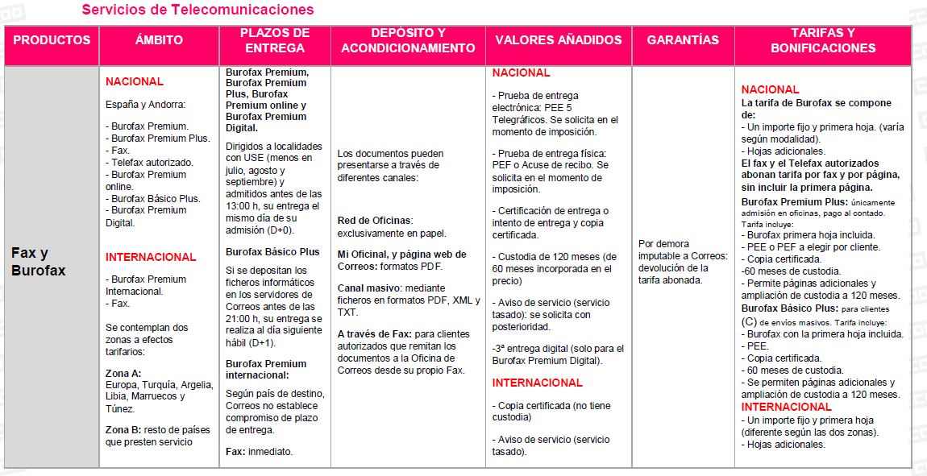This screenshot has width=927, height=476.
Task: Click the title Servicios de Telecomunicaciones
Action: (x=197, y=10)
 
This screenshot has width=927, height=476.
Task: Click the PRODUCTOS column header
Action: (x=52, y=40)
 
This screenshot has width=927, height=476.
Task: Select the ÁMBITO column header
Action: (x=159, y=40)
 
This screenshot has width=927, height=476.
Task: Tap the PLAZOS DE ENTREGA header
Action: (x=274, y=40)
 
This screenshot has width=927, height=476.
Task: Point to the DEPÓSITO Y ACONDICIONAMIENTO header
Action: (x=408, y=40)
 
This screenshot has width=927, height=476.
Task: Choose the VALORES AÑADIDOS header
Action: (x=559, y=40)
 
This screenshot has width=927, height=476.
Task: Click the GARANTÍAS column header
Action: (x=683, y=40)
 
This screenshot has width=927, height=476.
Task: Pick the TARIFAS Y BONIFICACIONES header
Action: (x=822, y=40)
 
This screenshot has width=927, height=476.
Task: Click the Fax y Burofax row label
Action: (x=39, y=262)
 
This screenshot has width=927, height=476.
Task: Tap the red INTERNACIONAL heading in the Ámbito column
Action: (x=151, y=257)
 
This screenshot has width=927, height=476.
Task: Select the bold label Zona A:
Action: (x=123, y=372)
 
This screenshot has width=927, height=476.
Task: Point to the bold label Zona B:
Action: (x=123, y=429)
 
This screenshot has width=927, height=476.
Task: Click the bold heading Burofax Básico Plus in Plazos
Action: (x=272, y=252)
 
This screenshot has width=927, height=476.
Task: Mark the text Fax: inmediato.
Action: (x=259, y=452)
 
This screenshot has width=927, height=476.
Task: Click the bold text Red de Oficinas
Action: (x=375, y=220)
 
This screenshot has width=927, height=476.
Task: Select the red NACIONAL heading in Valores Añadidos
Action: (x=521, y=72)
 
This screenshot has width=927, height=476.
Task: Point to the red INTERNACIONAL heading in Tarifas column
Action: (x=786, y=407)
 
